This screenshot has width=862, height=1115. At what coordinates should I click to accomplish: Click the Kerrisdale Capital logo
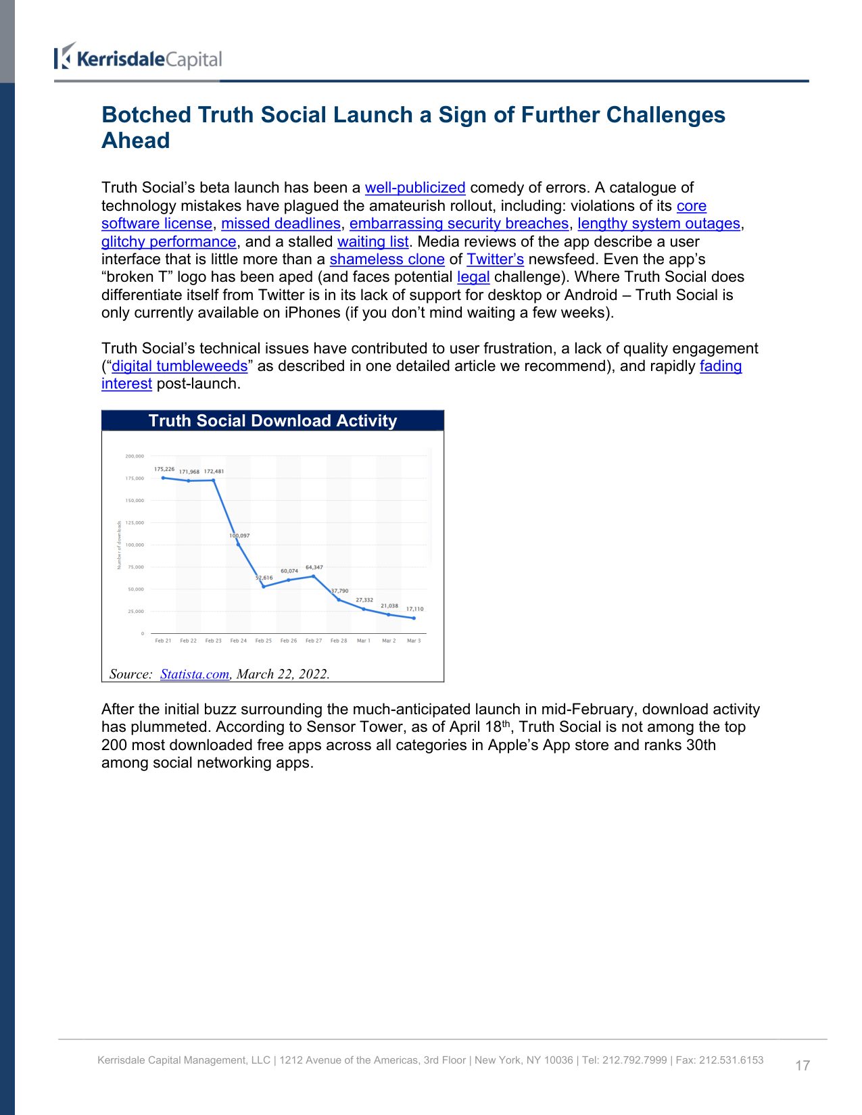click(x=138, y=58)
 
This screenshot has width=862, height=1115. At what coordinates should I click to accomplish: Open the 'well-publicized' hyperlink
click(x=415, y=188)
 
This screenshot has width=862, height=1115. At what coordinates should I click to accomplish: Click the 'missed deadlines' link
click(x=281, y=224)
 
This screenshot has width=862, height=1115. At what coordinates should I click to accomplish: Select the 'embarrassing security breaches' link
click(x=459, y=224)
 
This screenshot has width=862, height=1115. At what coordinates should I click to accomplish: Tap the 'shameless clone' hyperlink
click(x=387, y=259)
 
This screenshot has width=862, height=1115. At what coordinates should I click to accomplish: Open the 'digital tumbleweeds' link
click(x=179, y=366)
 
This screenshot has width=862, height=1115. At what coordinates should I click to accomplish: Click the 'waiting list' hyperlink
click(x=373, y=242)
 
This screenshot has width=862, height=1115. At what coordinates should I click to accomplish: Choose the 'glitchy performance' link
click(x=169, y=242)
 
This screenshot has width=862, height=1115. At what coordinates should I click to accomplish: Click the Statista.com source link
click(x=195, y=674)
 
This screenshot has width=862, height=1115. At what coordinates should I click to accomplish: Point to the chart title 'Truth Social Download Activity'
click(x=272, y=421)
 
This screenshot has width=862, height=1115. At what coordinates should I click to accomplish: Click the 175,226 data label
click(x=164, y=469)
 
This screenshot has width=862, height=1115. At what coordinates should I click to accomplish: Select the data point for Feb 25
click(x=264, y=586)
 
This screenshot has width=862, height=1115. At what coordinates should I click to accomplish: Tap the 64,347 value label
click(x=314, y=568)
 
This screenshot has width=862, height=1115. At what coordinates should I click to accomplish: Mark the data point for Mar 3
click(x=414, y=618)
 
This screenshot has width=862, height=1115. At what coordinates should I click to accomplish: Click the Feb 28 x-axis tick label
click(x=339, y=641)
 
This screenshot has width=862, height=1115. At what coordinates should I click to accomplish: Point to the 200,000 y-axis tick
click(x=135, y=456)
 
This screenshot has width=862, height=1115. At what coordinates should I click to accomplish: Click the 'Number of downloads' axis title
click(x=120, y=545)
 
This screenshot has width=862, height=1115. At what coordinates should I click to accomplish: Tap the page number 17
click(x=803, y=1066)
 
